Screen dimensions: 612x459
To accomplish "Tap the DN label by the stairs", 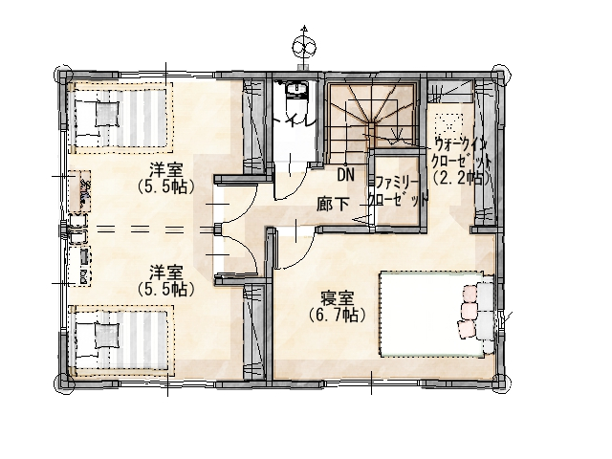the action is tap(346, 175).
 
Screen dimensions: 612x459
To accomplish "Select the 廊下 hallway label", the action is tap(333, 204).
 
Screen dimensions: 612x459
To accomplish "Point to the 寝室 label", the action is tap(338, 298).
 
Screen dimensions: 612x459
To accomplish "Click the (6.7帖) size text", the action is tap(338, 315).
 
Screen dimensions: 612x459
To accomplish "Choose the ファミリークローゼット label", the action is tap(397, 191).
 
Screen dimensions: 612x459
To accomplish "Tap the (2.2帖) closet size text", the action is tap(461, 179).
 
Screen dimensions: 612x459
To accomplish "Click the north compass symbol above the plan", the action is tap(304, 46).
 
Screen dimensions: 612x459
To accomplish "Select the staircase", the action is tap(372, 117).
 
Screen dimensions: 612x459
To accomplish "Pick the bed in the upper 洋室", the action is tap(120, 118).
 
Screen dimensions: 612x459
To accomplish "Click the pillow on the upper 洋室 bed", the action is tap(106, 114).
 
